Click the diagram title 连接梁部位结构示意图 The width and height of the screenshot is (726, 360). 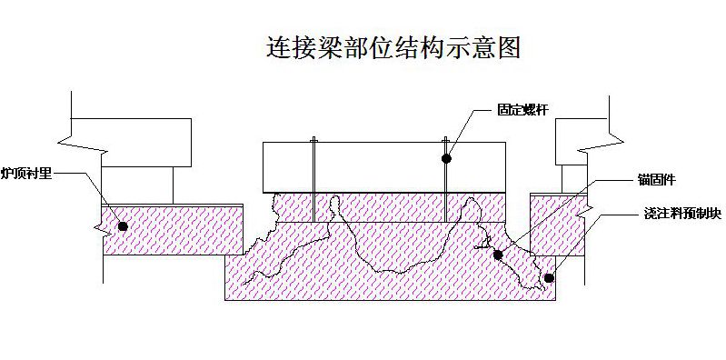393,47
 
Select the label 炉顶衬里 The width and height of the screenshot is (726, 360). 26,172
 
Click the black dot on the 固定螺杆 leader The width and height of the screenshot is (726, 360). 447,158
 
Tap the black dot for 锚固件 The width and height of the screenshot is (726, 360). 498,255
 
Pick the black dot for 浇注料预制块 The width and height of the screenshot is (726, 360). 548,277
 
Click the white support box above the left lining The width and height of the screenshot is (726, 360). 135,183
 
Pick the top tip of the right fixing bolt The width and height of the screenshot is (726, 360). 447,139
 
